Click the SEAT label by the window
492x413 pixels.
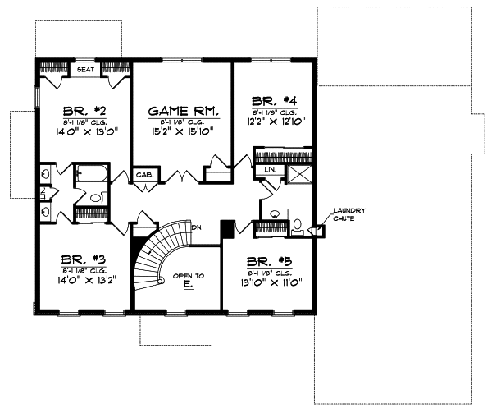click(85, 70)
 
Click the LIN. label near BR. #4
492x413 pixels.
click(270, 169)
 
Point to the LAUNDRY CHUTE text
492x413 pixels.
click(349, 216)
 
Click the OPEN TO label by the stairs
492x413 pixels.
click(188, 276)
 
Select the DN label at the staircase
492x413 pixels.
click(197, 227)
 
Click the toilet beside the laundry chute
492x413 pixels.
click(298, 224)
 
